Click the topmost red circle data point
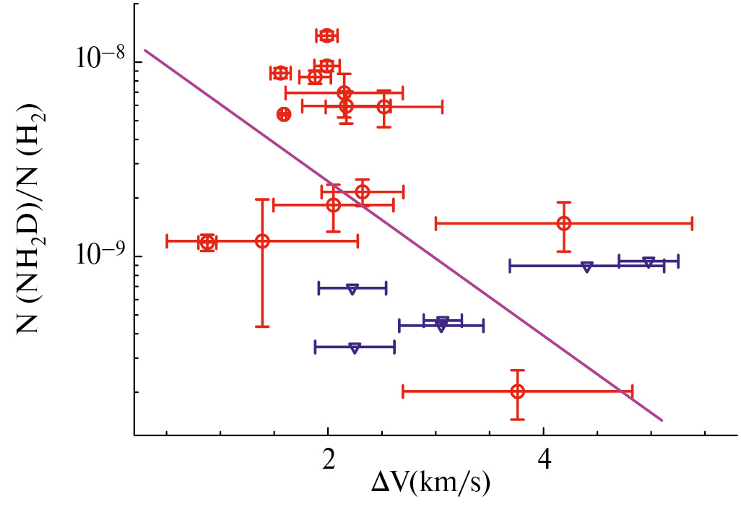tap(327, 35)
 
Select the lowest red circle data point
tap(517, 391)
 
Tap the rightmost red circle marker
tap(564, 223)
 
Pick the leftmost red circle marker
tap(207, 243)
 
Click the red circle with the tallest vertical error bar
tap(262, 240)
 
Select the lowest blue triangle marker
tap(354, 347)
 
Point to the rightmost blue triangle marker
tap(649, 261)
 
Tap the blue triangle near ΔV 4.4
tap(587, 266)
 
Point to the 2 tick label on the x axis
tap(328, 457)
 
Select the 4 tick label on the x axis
tap(543, 457)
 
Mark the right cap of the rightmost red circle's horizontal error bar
tap(692, 223)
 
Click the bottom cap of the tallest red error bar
tap(262, 326)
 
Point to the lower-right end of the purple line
tap(662, 420)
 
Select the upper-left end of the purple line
tap(145, 50)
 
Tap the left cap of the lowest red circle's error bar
tap(402, 391)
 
